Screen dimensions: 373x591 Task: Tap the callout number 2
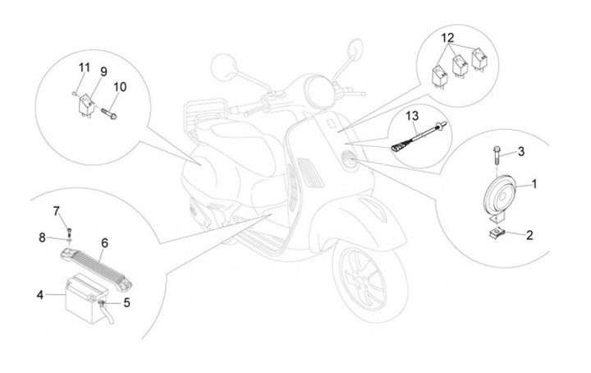[529, 235]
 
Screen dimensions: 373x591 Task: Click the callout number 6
[104, 242]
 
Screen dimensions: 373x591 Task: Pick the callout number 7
[57, 212]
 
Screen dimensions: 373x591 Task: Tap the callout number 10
[119, 86]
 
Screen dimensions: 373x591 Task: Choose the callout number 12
[447, 39]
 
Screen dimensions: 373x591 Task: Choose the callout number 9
[103, 71]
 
